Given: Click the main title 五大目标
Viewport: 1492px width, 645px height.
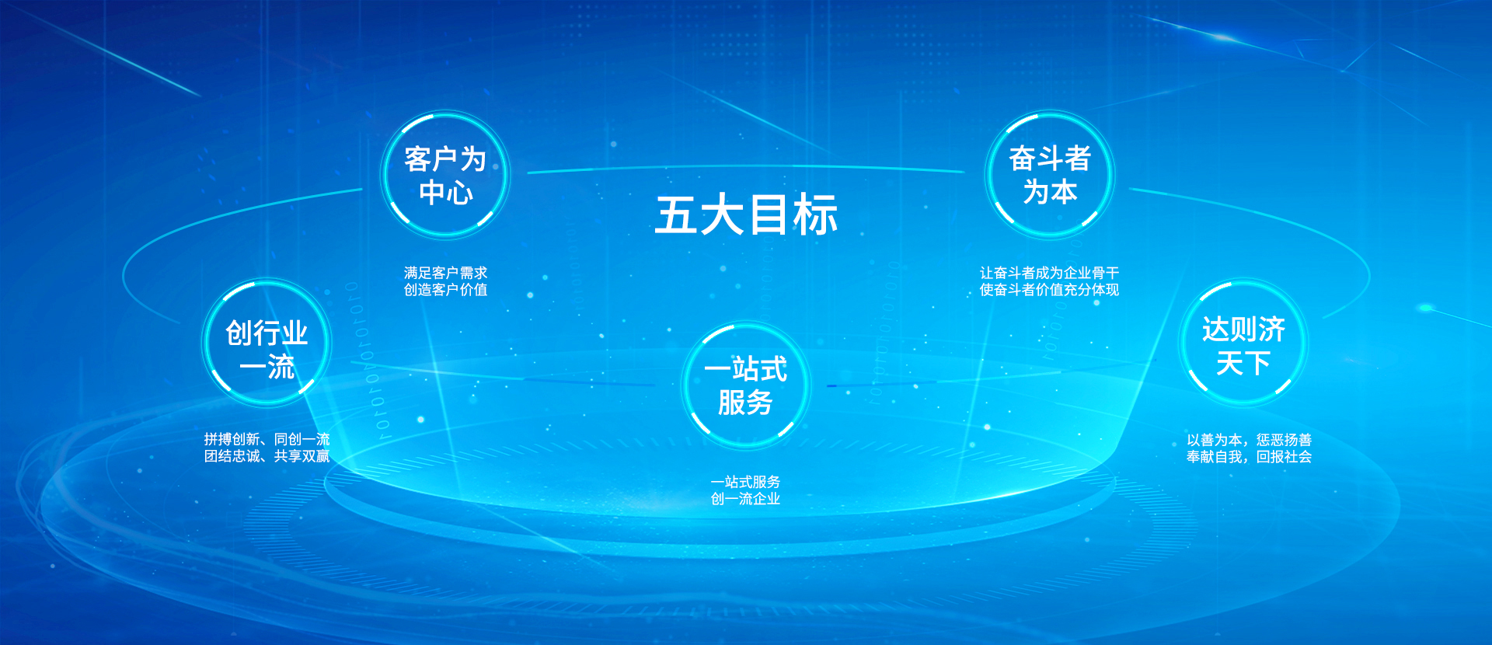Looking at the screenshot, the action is [746, 214].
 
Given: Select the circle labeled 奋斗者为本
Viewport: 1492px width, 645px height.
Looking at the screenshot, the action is [1050, 175].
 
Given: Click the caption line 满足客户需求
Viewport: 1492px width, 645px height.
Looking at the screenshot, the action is [445, 273].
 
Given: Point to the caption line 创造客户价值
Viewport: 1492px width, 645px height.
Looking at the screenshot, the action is [445, 290].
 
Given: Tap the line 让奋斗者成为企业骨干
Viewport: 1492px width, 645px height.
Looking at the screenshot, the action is [1049, 273].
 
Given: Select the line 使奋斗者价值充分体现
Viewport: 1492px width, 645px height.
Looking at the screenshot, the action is [1049, 290].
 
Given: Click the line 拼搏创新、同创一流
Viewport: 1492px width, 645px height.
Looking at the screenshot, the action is [267, 440].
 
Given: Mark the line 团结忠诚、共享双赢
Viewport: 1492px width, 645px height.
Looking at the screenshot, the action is [267, 456].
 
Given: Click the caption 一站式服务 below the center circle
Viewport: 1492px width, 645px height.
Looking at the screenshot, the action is [745, 482].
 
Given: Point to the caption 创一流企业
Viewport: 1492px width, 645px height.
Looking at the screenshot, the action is [745, 499].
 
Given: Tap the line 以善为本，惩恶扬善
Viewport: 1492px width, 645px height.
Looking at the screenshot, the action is [1249, 440].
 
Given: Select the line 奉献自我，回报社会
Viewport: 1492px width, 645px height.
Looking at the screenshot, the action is [1249, 457].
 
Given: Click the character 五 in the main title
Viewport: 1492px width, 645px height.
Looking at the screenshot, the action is [676, 214].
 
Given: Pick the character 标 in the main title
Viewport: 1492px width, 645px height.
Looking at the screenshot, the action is [816, 214].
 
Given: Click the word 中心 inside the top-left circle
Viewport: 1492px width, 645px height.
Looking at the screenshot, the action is [446, 192].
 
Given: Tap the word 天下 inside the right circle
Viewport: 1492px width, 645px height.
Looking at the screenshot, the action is [1243, 363].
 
